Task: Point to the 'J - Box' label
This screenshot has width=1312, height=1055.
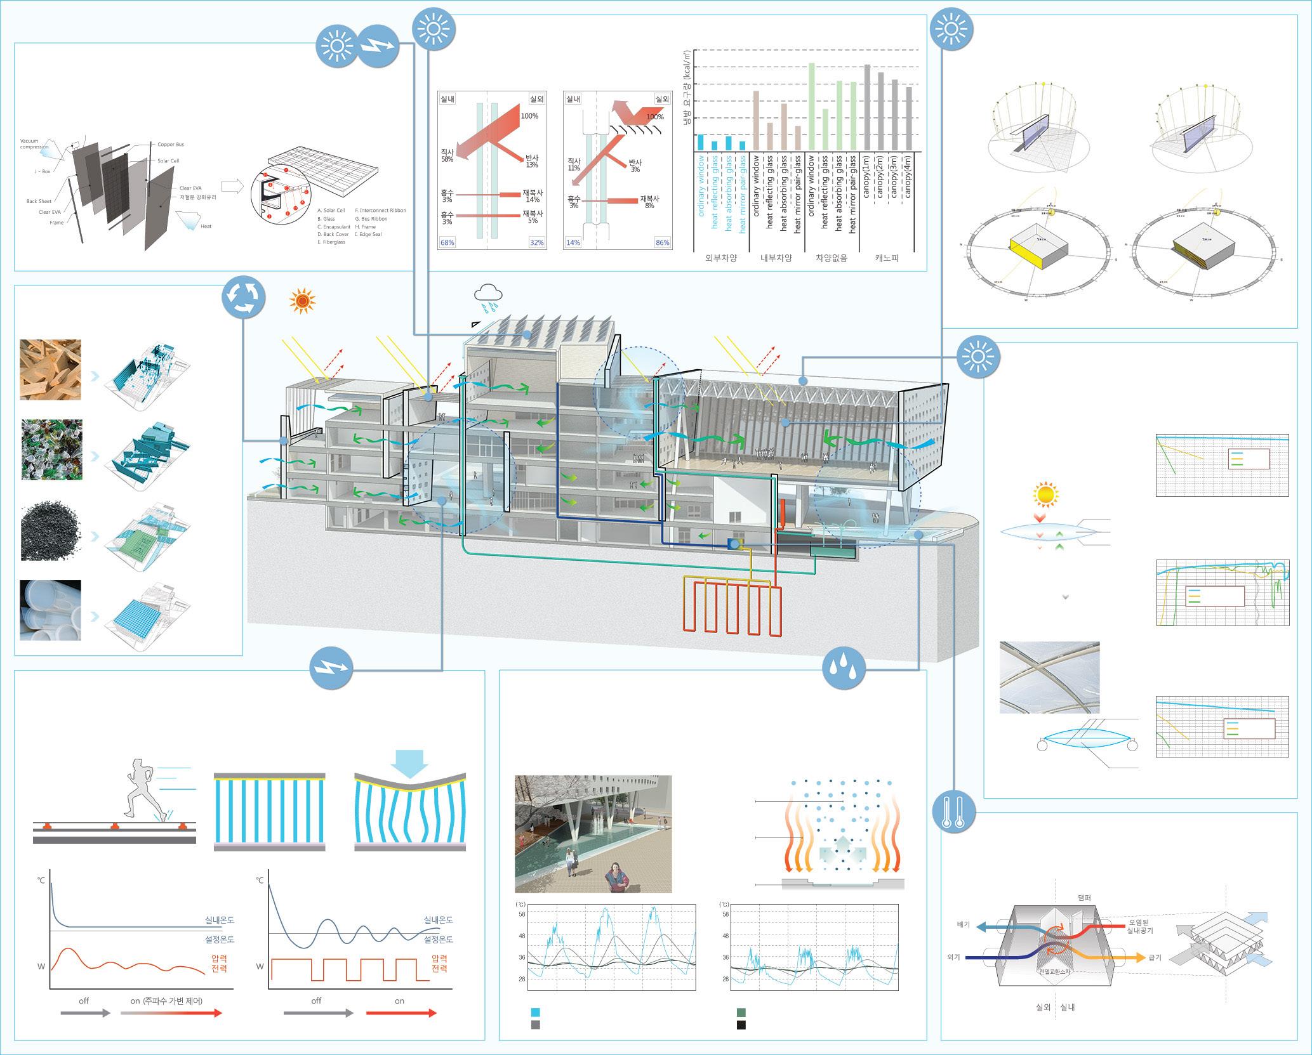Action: [42, 171]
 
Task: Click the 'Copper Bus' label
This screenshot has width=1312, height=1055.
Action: [171, 145]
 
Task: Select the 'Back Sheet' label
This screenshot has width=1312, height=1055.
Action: [39, 201]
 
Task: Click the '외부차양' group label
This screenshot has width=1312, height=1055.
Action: [722, 259]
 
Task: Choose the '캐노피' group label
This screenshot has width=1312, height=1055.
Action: [887, 259]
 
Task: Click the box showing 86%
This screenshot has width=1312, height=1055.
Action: [662, 242]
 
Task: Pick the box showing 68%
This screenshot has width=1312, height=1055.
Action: [447, 242]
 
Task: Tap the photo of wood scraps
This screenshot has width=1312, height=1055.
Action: [51, 369]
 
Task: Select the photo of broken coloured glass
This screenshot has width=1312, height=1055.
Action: [51, 449]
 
